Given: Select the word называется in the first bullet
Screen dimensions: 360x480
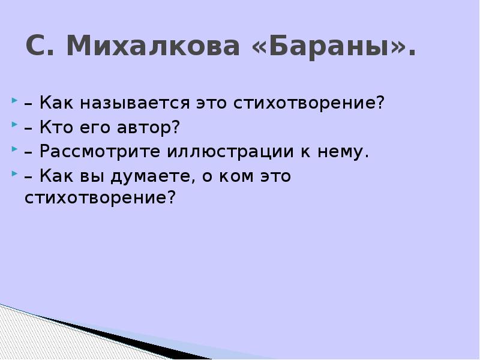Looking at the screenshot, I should point(126,103).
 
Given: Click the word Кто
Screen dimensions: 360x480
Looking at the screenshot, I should point(56,127).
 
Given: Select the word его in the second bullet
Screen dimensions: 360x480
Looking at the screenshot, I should point(95,127).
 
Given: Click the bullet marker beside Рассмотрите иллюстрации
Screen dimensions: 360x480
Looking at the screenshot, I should point(14,150).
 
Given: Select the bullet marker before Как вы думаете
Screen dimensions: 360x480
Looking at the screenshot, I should point(14,175).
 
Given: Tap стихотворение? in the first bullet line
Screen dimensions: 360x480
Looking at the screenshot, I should point(308,103).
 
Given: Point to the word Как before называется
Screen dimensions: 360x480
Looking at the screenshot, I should point(58,103).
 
